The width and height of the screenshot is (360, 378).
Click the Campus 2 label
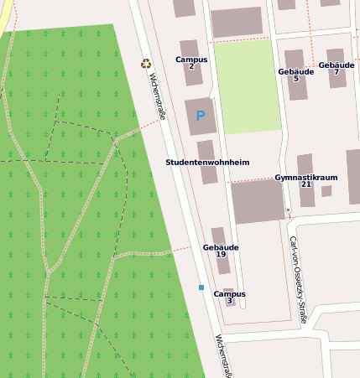pyautogui.click(x=191, y=63)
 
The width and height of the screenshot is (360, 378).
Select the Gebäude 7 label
pyautogui.click(x=336, y=68)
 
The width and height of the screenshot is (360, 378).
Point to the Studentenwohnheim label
pyautogui.click(x=207, y=162)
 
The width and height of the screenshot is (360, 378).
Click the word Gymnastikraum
pyautogui.click(x=305, y=178)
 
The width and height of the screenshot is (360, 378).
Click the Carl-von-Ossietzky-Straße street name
pyautogui.click(x=297, y=279)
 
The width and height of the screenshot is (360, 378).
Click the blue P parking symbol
pyautogui.click(x=200, y=116)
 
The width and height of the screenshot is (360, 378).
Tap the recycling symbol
pyautogui.click(x=146, y=64)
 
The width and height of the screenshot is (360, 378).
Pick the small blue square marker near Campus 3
pyautogui.click(x=201, y=287)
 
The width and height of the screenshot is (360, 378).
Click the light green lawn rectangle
pyautogui.click(x=247, y=87)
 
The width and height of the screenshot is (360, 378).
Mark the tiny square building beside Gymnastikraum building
pyautogui.click(x=326, y=191)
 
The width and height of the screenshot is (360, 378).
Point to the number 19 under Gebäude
pyautogui.click(x=221, y=255)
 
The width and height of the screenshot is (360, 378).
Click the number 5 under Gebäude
pyautogui.click(x=295, y=79)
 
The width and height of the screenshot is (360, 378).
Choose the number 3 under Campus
pyautogui.click(x=229, y=302)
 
